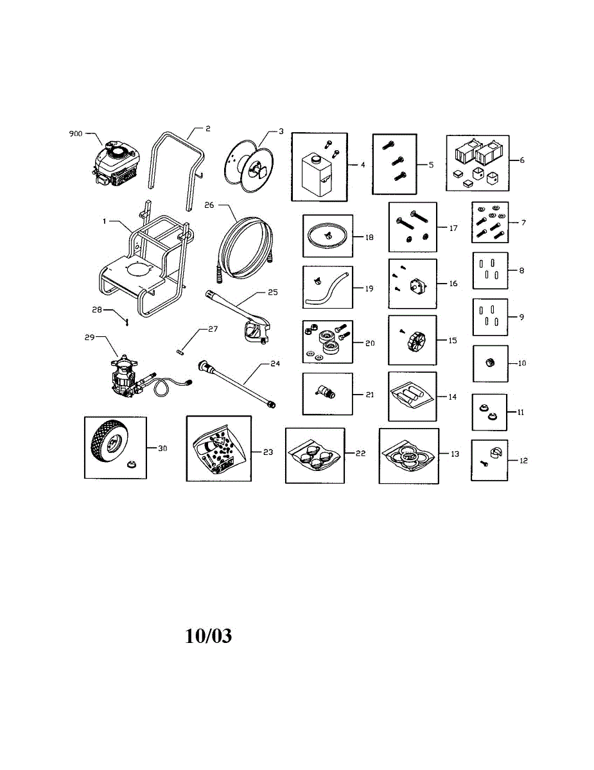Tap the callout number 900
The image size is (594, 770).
click(76, 134)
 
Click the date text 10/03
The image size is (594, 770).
click(208, 636)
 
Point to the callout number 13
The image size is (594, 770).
click(455, 454)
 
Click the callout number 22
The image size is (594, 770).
click(361, 453)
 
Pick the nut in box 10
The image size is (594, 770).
click(490, 363)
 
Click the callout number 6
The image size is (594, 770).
click(521, 160)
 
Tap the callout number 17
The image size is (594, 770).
click(454, 228)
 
